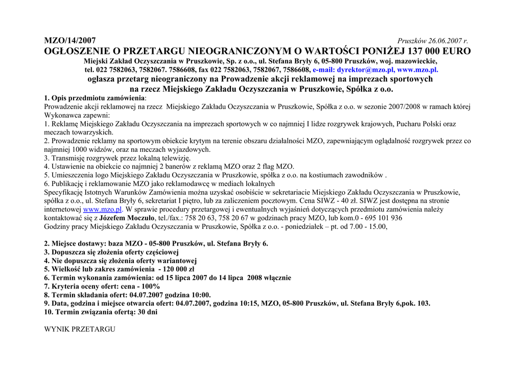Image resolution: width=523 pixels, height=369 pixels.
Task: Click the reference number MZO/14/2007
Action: click(69, 41)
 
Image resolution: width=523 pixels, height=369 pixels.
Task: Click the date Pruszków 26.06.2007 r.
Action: click(433, 41)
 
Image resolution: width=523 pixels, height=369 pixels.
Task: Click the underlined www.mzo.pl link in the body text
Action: click(103, 209)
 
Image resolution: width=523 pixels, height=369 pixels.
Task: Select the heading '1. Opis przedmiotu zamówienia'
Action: click(94, 98)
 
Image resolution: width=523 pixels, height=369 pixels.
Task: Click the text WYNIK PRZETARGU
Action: click(80, 329)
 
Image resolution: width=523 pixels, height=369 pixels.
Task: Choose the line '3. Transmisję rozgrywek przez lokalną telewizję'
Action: click(117, 158)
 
